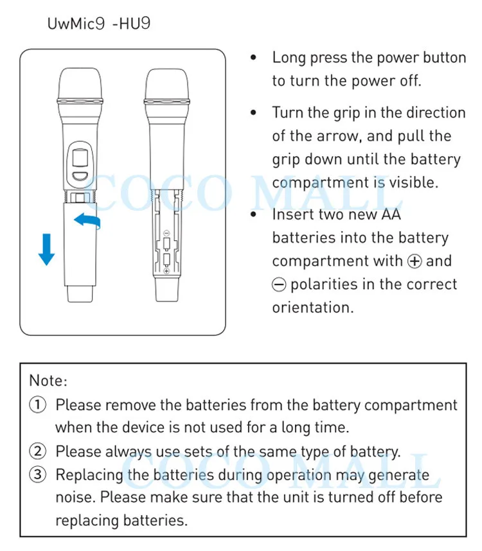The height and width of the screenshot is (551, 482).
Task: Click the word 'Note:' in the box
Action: (x=48, y=380)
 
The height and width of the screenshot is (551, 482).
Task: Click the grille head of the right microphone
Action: (x=166, y=84)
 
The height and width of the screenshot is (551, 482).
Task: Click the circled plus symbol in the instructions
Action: (x=415, y=261)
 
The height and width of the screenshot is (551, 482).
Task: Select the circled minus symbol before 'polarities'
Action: (x=280, y=284)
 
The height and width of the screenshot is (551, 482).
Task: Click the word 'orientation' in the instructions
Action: (x=312, y=307)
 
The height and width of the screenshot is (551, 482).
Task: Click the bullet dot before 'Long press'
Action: (x=254, y=58)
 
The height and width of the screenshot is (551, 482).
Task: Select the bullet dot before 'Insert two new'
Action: (x=254, y=214)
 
